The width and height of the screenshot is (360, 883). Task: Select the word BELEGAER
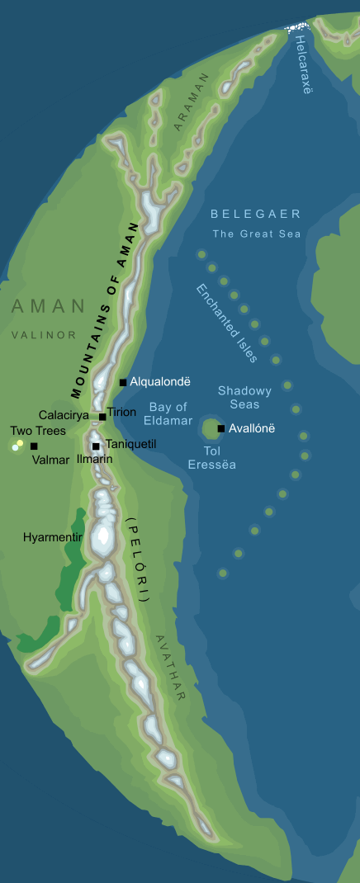tap(255, 215)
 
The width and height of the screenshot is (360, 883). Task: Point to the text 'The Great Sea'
tap(257, 234)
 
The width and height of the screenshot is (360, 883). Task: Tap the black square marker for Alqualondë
tap(123, 382)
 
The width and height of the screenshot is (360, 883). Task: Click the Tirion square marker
tap(102, 417)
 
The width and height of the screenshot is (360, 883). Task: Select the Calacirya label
tap(64, 415)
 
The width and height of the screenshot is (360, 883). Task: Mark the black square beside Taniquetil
tap(97, 446)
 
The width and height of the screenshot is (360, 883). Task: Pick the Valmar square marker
tap(34, 446)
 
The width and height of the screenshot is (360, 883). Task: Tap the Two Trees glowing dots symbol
tap(17, 446)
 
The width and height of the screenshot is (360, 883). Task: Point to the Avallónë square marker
tap(220, 428)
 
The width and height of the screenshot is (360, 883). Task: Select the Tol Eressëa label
tap(212, 458)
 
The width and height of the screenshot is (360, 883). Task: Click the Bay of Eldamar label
tap(168, 413)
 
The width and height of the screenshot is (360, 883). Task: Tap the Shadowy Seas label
tap(239, 397)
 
